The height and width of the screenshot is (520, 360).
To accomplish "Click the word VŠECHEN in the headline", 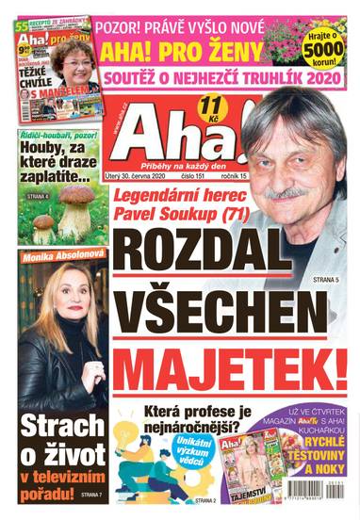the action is (232, 309).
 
